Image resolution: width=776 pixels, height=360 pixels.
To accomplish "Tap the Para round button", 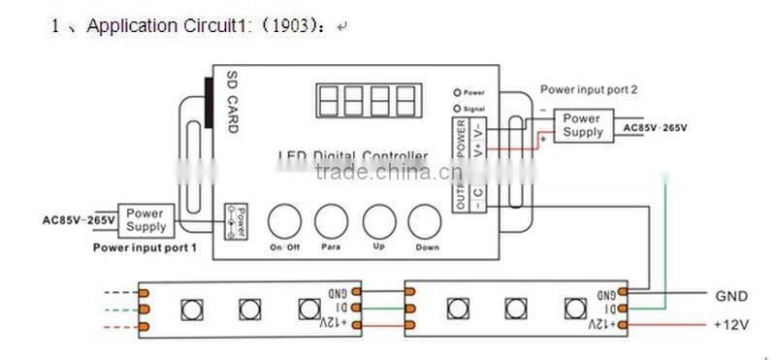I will pyautogui.click(x=331, y=221).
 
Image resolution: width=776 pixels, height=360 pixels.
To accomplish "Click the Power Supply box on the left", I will pyautogui.click(x=145, y=219).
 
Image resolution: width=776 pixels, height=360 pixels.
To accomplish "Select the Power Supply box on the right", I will pyautogui.click(x=583, y=124).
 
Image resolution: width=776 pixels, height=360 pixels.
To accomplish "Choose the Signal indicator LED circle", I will pyautogui.click(x=457, y=109).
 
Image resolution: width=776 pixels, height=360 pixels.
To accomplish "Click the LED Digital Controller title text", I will pyautogui.click(x=352, y=156).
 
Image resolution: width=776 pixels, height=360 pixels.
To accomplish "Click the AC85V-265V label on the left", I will pyautogui.click(x=81, y=219).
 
